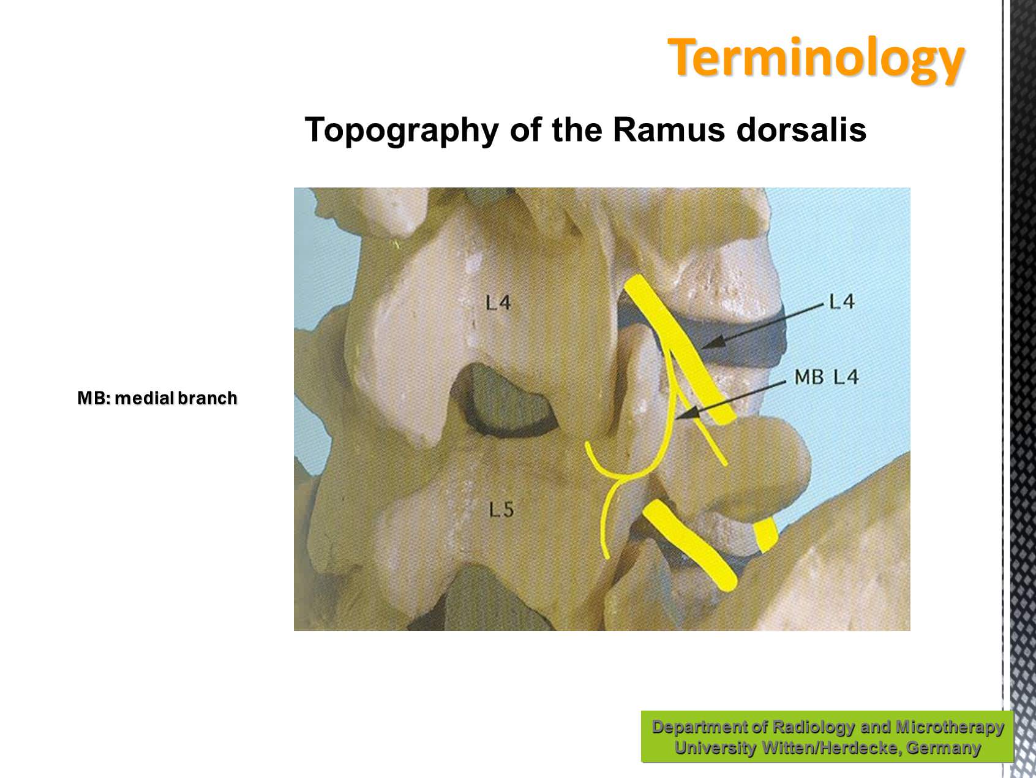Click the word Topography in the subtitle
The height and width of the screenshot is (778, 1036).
[x=401, y=130]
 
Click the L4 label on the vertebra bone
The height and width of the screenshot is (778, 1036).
[x=498, y=302]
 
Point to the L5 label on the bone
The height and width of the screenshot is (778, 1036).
[x=501, y=508]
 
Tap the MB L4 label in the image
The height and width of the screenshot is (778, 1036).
[x=827, y=376]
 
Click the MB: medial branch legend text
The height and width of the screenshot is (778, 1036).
[x=157, y=398]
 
